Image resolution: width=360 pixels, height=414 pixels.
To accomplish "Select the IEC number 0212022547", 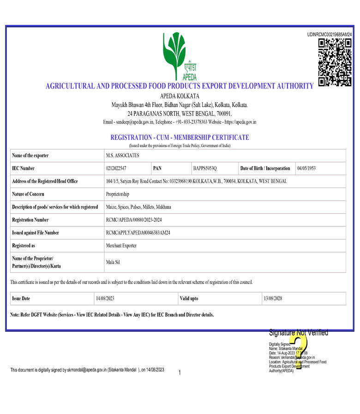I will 116,168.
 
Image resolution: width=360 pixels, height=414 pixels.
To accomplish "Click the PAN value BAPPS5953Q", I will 204,168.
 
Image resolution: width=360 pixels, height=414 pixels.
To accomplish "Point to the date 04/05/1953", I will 306,168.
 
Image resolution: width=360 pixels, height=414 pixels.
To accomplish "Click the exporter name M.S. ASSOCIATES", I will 122,155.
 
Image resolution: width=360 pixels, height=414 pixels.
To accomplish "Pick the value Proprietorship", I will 117,194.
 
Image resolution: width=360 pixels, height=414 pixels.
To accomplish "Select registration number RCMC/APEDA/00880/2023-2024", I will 134,220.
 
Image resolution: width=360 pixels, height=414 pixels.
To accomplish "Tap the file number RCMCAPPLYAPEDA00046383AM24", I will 138,233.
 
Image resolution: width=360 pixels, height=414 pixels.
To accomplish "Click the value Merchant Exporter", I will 121,246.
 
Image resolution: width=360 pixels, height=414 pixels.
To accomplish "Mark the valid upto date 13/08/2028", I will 273,299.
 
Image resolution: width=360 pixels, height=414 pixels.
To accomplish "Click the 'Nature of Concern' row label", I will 28,194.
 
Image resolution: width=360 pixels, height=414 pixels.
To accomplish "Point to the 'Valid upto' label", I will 189,299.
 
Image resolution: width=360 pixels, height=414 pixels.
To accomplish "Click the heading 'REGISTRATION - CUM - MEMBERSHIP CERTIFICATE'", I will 180,137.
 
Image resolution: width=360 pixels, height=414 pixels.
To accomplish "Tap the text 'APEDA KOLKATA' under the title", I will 180,96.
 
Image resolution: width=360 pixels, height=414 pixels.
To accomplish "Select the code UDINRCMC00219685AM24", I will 330,35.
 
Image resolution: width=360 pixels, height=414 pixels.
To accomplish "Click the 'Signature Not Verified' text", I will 298,332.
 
